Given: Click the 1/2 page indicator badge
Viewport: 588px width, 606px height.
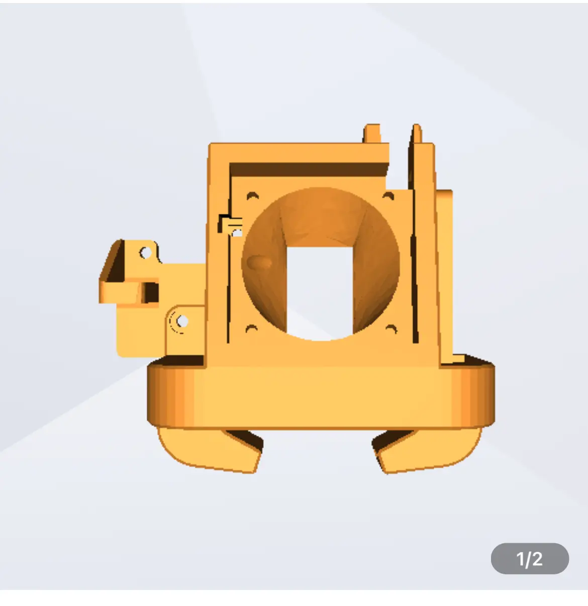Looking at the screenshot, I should (529, 558).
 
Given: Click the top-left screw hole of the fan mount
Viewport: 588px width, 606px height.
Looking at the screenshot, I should (252, 195).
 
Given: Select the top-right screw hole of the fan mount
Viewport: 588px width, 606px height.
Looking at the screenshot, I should (388, 195).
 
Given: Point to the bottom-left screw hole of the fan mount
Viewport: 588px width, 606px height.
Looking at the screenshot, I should (251, 329).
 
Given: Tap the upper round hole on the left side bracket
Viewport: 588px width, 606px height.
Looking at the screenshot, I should (145, 253).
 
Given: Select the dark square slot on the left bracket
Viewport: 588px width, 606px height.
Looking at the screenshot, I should (150, 292).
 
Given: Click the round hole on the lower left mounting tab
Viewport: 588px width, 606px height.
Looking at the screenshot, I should (182, 320).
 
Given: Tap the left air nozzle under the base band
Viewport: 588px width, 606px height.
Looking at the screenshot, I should (211, 449).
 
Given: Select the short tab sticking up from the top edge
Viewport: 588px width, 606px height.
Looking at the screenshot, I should (372, 134).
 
